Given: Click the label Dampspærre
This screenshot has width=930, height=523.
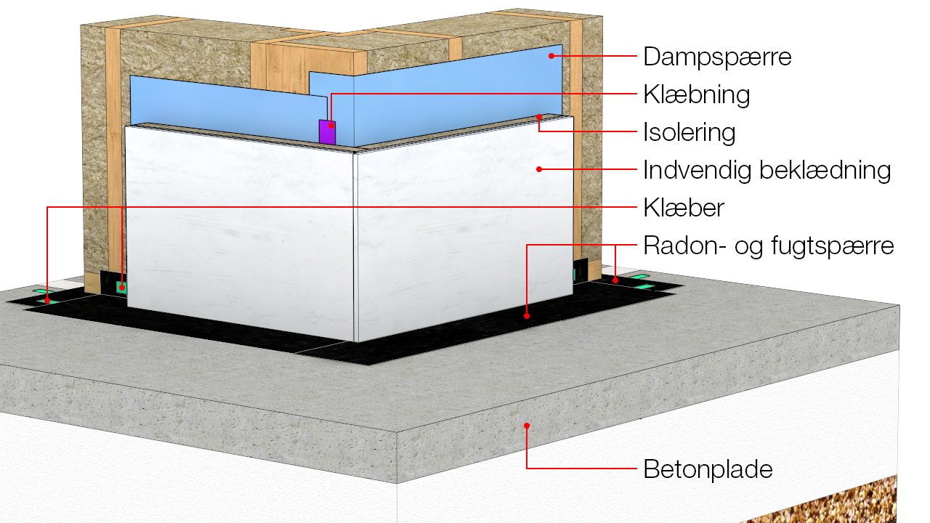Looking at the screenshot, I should [716, 57].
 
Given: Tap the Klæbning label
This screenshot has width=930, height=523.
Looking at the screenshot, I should [696, 94].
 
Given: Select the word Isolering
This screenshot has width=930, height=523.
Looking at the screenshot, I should [689, 132].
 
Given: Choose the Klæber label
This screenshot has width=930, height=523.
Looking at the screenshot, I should [684, 208].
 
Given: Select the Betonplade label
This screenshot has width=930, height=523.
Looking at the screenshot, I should [708, 469].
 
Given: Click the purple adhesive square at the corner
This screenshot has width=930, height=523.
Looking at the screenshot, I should [328, 131].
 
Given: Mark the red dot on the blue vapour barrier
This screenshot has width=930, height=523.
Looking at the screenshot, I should [551, 55].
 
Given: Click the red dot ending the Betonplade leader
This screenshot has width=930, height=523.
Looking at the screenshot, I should [527, 426].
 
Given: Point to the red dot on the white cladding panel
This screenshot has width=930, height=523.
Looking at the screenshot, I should [538, 170].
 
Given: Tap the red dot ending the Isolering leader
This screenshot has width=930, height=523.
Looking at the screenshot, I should [539, 116].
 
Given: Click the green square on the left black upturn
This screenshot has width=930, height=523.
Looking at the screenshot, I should [122, 288].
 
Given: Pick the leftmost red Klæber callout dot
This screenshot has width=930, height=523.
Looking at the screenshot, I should [48, 299].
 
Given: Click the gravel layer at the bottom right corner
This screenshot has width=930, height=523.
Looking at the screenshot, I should [836, 505].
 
